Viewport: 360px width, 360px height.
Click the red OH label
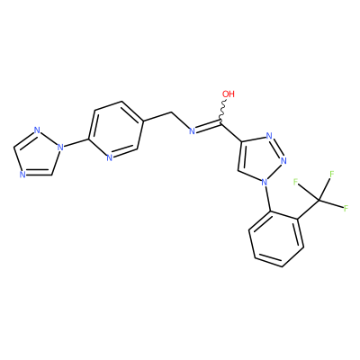tap(229, 94)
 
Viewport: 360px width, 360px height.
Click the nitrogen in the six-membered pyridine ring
tap(109, 157)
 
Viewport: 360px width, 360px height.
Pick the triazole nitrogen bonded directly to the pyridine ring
tap(60, 148)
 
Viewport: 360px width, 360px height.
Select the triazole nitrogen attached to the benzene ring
tap(265, 182)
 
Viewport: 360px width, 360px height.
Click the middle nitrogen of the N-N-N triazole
tap(283, 161)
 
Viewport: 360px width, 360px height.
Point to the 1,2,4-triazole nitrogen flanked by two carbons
tap(22, 175)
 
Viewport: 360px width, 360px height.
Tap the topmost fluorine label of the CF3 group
tap(332, 174)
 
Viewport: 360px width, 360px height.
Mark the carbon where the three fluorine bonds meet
tap(319, 200)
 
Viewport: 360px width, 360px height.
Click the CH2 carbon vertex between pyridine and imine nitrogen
tap(171, 112)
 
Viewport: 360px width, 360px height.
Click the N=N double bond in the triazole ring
tap(277, 148)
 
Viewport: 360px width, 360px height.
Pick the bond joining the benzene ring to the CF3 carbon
tap(308, 210)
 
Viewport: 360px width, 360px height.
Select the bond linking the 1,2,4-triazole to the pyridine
tap(76, 143)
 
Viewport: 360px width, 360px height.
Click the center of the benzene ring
tap(276, 239)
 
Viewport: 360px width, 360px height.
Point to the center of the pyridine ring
tap(116, 130)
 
